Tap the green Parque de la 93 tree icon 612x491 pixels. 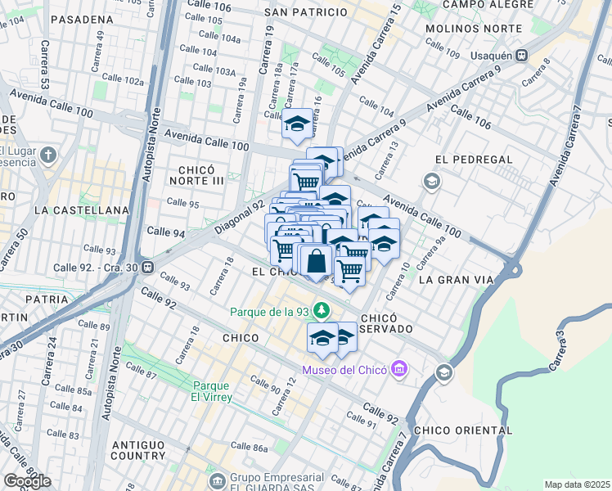[x=322, y=310]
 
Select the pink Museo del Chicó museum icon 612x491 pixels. [x=399, y=371]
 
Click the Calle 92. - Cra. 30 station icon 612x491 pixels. [x=147, y=267]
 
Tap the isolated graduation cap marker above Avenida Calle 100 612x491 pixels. [x=295, y=124]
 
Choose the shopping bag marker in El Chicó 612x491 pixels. [x=316, y=261]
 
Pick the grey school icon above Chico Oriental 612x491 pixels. [x=443, y=373]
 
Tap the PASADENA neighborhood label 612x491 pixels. [x=81, y=19]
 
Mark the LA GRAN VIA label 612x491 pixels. [x=456, y=280]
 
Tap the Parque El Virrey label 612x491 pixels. [x=213, y=391]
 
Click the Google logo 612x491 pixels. [x=27, y=480]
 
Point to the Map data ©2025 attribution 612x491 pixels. [x=576, y=484]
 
